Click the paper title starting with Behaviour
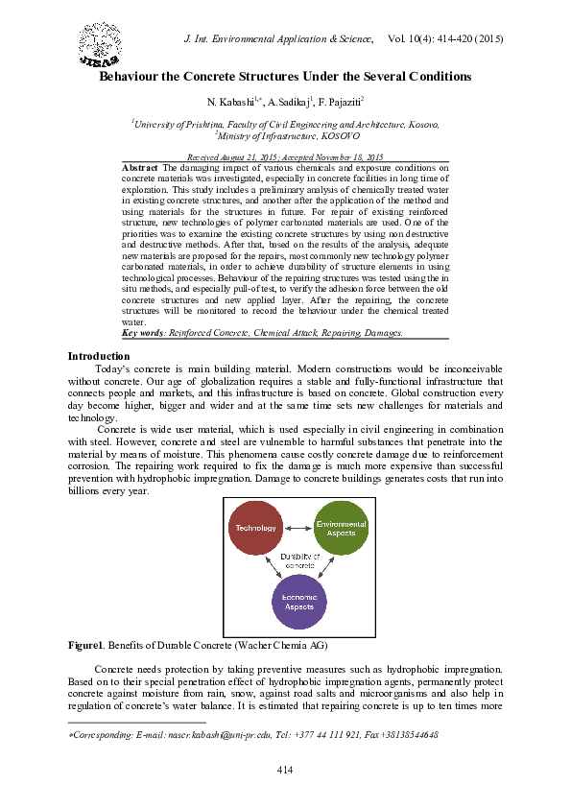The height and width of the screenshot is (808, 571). tap(285, 76)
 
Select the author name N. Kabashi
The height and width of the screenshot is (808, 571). tap(232, 102)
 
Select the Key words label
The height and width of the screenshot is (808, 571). tap(143, 332)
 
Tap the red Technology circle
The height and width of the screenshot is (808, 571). tap(256, 528)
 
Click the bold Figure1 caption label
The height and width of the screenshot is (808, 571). tap(85, 646)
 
